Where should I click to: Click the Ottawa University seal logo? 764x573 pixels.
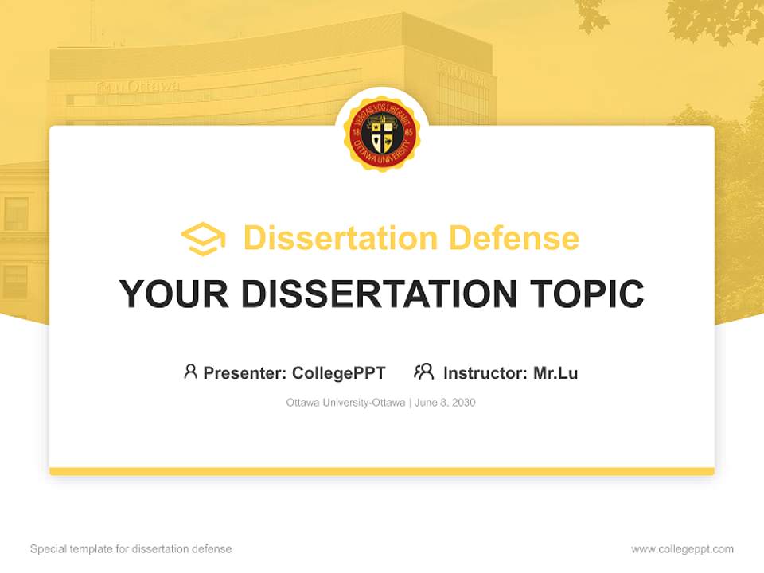pos(382,134)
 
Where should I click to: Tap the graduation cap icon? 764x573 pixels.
pos(203,238)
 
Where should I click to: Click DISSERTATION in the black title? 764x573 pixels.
pos(378,294)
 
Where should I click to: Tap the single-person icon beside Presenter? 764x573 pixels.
pos(190,372)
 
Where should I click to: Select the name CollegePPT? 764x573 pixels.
pos(339,372)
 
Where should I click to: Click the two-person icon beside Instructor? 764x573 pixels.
pos(423,372)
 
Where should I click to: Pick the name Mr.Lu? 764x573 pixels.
pos(555,372)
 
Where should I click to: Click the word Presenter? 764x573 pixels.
pos(244,372)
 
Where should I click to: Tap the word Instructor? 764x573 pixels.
pos(485,372)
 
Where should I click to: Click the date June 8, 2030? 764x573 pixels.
pos(446,403)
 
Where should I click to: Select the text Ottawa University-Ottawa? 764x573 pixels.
pos(345,403)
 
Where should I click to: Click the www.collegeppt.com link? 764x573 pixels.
pos(682,549)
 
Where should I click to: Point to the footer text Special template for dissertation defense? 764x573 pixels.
pos(131,549)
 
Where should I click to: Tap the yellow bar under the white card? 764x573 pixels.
pos(382,471)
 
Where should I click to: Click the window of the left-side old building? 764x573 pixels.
pos(16,213)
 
